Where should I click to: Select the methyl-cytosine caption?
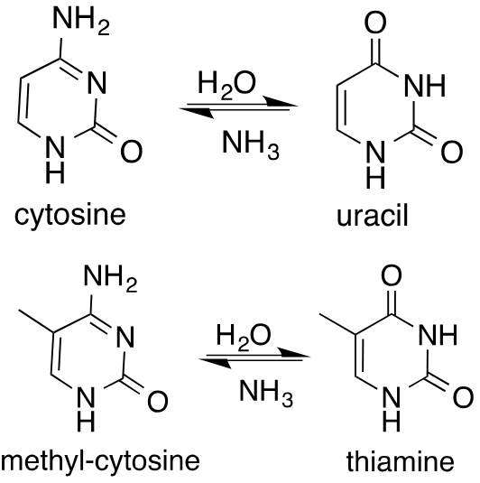coord(100,462)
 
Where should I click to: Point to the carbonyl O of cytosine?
coord(132,153)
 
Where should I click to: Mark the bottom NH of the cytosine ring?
coord(56,159)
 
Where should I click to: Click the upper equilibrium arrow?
coord(236,110)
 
